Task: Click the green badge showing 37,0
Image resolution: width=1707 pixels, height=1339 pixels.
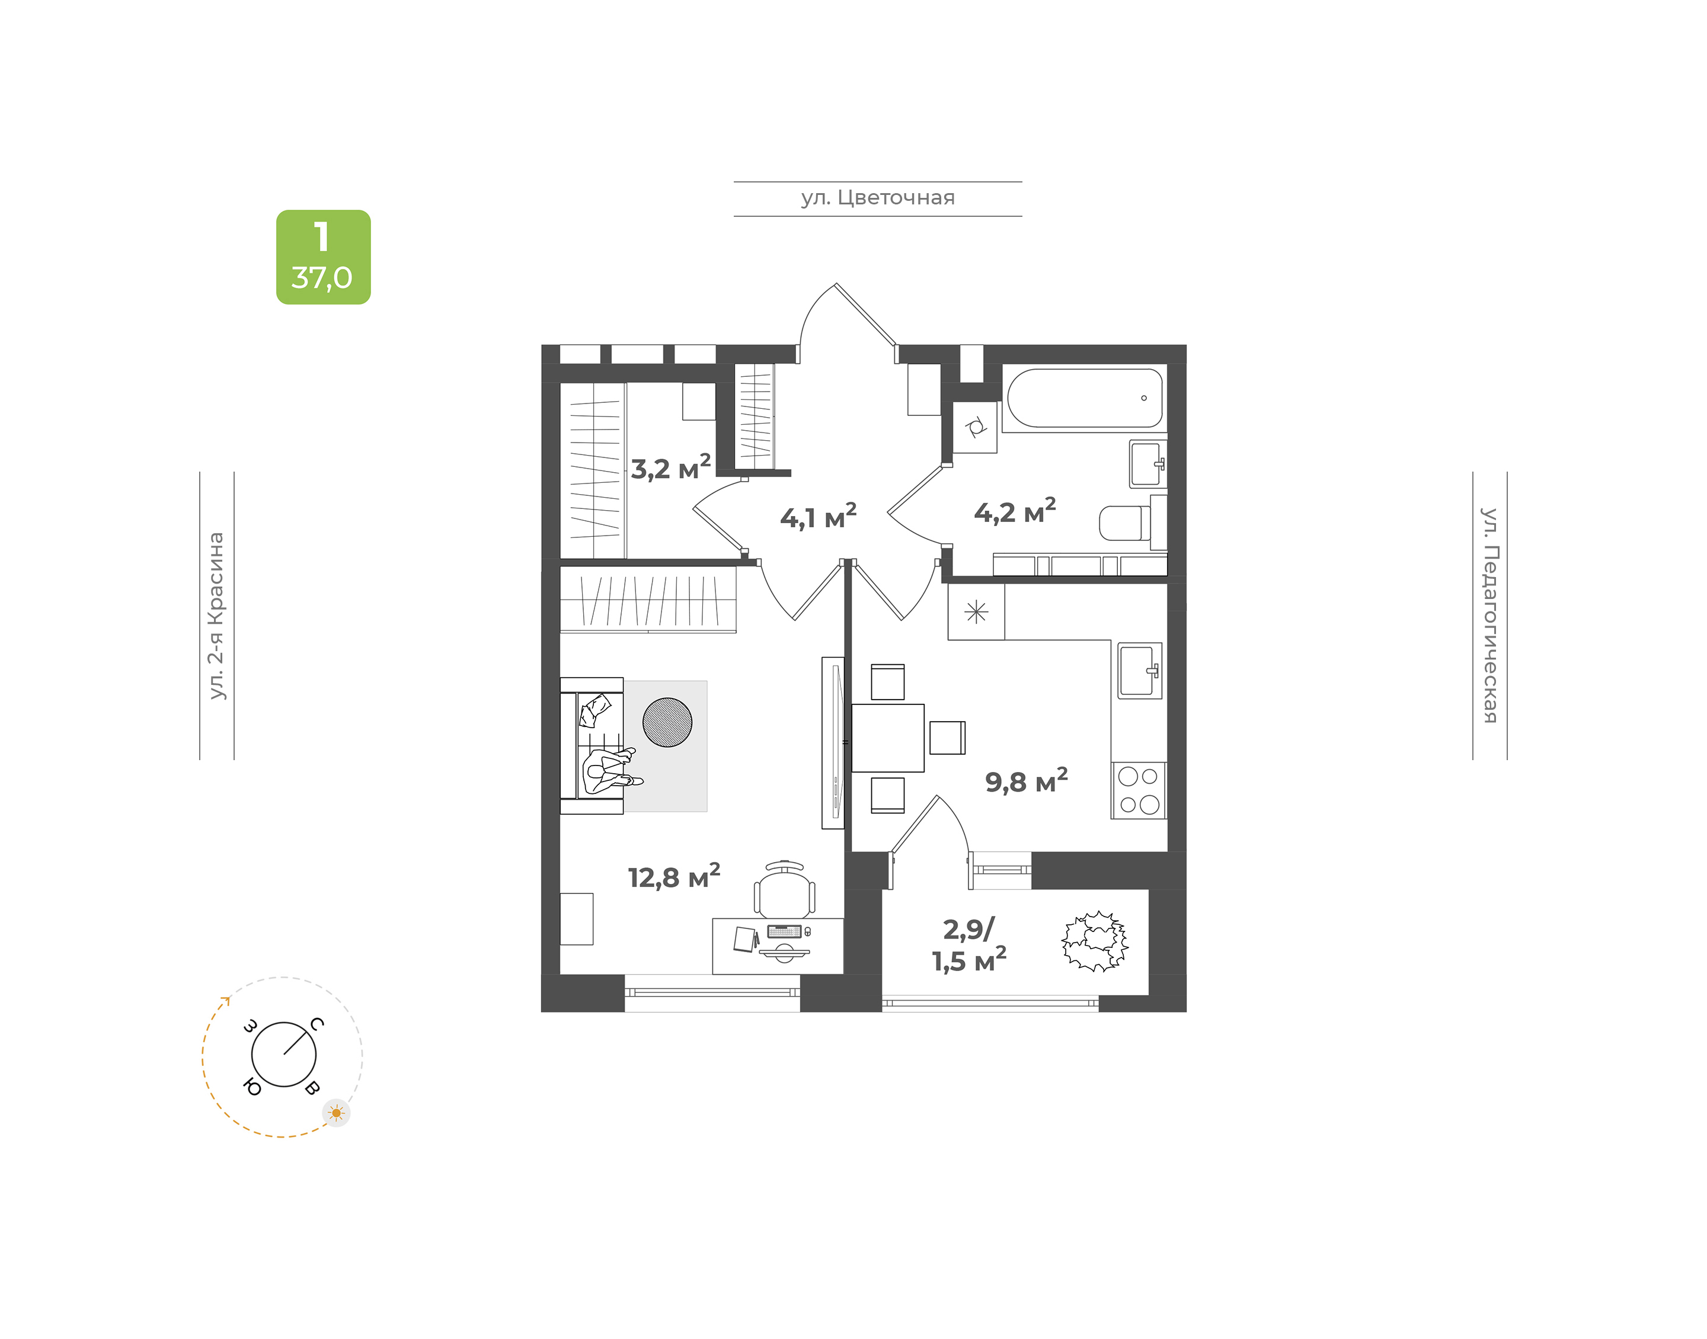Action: [323, 257]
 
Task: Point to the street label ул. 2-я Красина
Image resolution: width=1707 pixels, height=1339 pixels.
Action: [216, 616]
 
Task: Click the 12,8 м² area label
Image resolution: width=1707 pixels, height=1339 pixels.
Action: [673, 876]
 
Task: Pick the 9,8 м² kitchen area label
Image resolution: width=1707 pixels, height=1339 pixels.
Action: [1025, 781]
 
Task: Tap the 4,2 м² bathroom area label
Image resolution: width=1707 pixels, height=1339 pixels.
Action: [1015, 511]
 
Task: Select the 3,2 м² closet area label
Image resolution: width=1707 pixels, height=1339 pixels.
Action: [670, 467]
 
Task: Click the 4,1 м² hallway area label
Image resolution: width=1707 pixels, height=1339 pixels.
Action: [818, 517]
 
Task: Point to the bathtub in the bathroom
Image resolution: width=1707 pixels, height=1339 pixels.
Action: [1085, 398]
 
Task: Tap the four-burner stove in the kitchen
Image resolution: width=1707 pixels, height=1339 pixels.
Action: [1139, 790]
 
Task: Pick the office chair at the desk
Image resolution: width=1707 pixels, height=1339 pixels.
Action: [784, 890]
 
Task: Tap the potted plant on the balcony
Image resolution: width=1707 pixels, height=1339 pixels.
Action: [1095, 941]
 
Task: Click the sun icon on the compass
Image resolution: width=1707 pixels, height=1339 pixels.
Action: [337, 1113]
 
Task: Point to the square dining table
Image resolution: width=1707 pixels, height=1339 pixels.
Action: [888, 738]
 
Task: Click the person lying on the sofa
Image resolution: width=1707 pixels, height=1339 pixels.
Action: [610, 771]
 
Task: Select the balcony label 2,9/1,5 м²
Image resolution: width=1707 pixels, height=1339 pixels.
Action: [969, 944]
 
